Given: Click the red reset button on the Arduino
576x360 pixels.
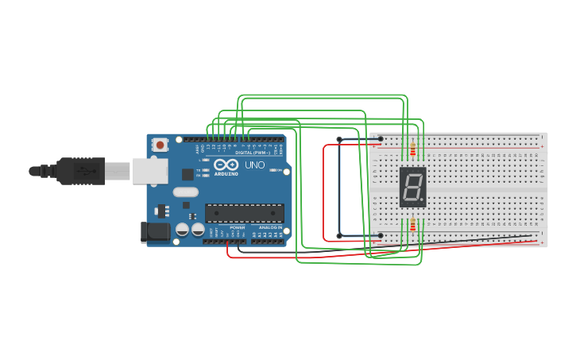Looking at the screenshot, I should coord(160,145).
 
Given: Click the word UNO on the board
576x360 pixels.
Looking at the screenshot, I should coord(254,165).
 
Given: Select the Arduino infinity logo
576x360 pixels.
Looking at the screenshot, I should coord(226,165).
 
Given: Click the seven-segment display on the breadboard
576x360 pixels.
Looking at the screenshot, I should coord(412,188).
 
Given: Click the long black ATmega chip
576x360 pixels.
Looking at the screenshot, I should coord(244,213).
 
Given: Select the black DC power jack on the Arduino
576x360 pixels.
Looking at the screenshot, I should coord(156,232).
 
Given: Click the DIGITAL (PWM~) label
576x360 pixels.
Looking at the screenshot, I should coord(252,153).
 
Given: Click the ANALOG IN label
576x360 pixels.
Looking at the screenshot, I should coord(270,227).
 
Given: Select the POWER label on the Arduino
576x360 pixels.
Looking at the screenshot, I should coord(238,227).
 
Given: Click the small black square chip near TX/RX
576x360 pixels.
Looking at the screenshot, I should coord(187,173).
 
